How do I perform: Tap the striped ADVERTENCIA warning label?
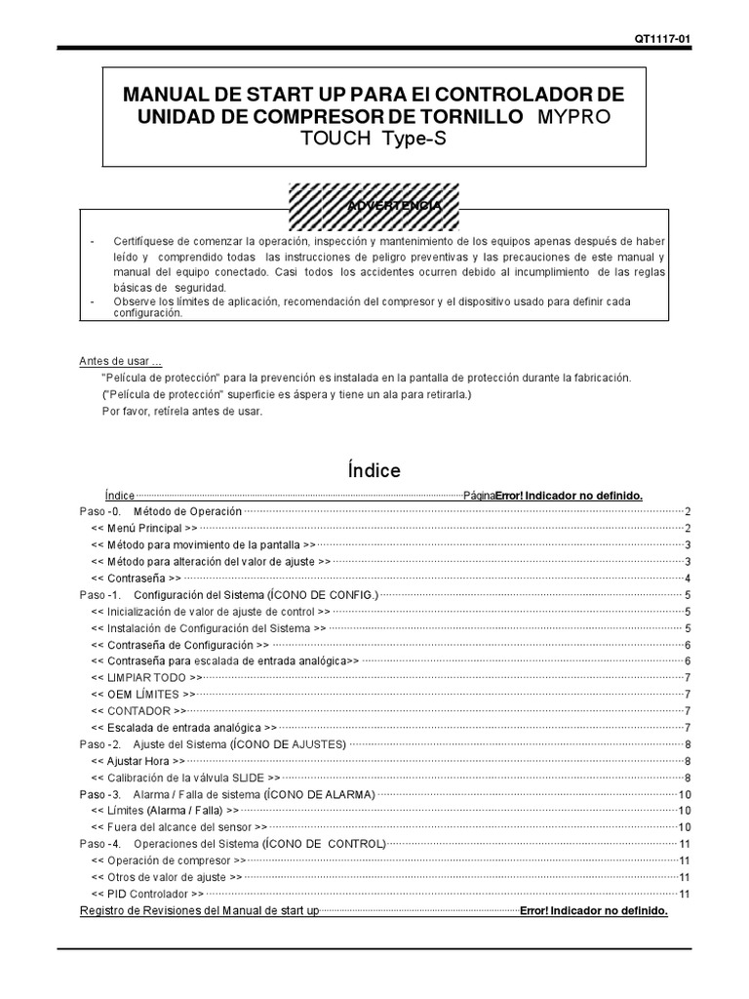(x=375, y=208)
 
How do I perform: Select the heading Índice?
(x=374, y=470)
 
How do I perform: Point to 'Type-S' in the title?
(x=412, y=140)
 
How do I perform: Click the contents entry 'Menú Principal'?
(x=144, y=528)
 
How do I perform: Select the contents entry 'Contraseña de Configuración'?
(x=180, y=645)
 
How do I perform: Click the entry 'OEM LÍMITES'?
(x=143, y=694)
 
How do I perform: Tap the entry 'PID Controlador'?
(x=147, y=893)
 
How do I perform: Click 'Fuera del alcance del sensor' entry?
(x=170, y=826)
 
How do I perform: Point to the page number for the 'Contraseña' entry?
(x=688, y=579)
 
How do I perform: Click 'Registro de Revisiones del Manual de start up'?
(x=199, y=910)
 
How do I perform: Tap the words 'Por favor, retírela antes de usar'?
(x=181, y=411)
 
